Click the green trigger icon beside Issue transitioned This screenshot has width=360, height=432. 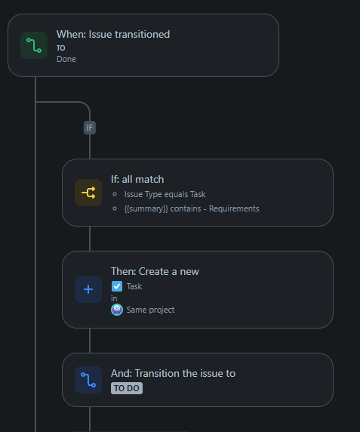tap(34, 45)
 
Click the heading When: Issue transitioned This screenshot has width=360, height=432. tap(113, 34)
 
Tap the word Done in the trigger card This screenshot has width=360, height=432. tap(66, 59)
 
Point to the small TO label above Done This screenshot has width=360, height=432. tap(61, 48)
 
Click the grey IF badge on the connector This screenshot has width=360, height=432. tap(90, 128)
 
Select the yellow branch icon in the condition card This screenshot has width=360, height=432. tap(88, 193)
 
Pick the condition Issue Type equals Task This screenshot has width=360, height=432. tap(165, 194)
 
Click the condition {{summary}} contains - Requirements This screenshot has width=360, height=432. tap(191, 208)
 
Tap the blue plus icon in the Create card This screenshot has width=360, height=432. tap(88, 289)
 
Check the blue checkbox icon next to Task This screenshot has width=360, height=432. tap(117, 286)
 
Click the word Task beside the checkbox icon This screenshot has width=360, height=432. tap(134, 286)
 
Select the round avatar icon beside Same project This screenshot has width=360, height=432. tap(117, 310)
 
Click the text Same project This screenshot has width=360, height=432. tap(150, 310)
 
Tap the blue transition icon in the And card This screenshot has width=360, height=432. tap(88, 380)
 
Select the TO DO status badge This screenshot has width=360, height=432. tap(127, 388)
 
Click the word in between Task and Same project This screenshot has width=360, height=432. tap(114, 298)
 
